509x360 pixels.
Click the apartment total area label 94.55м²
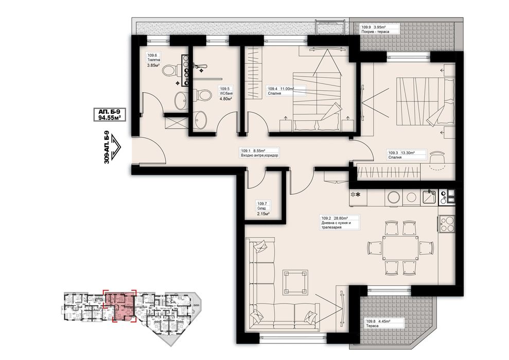106,118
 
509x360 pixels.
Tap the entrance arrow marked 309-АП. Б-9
116,147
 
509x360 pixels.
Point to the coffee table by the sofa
295,281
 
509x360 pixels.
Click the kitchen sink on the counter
430,197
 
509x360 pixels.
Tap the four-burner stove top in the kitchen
447,224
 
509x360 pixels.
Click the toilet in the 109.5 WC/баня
203,95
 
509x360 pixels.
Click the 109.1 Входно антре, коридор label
259,153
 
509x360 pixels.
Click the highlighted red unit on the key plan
119,305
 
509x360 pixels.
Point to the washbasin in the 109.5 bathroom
201,119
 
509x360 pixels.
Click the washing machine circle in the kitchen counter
393,197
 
